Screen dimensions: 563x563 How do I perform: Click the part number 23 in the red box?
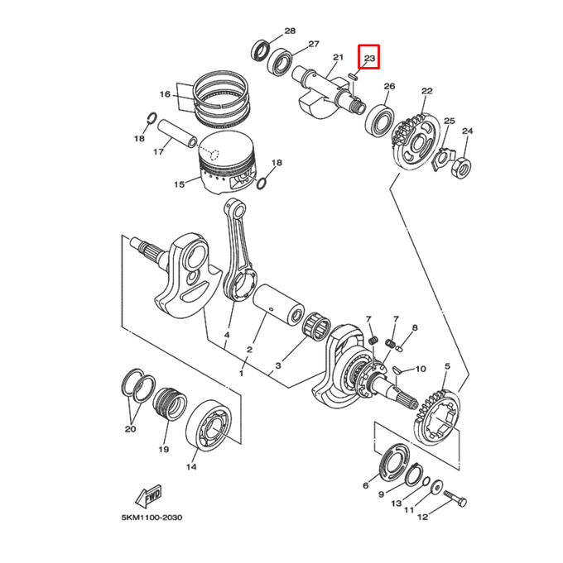click(x=369, y=59)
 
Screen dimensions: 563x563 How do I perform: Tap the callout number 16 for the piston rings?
click(x=165, y=94)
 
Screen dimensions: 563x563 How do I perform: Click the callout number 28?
click(x=290, y=31)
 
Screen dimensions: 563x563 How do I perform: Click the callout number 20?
click(x=130, y=429)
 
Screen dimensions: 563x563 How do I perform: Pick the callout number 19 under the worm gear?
click(x=164, y=449)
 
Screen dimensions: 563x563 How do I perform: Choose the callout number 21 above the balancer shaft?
click(x=338, y=57)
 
